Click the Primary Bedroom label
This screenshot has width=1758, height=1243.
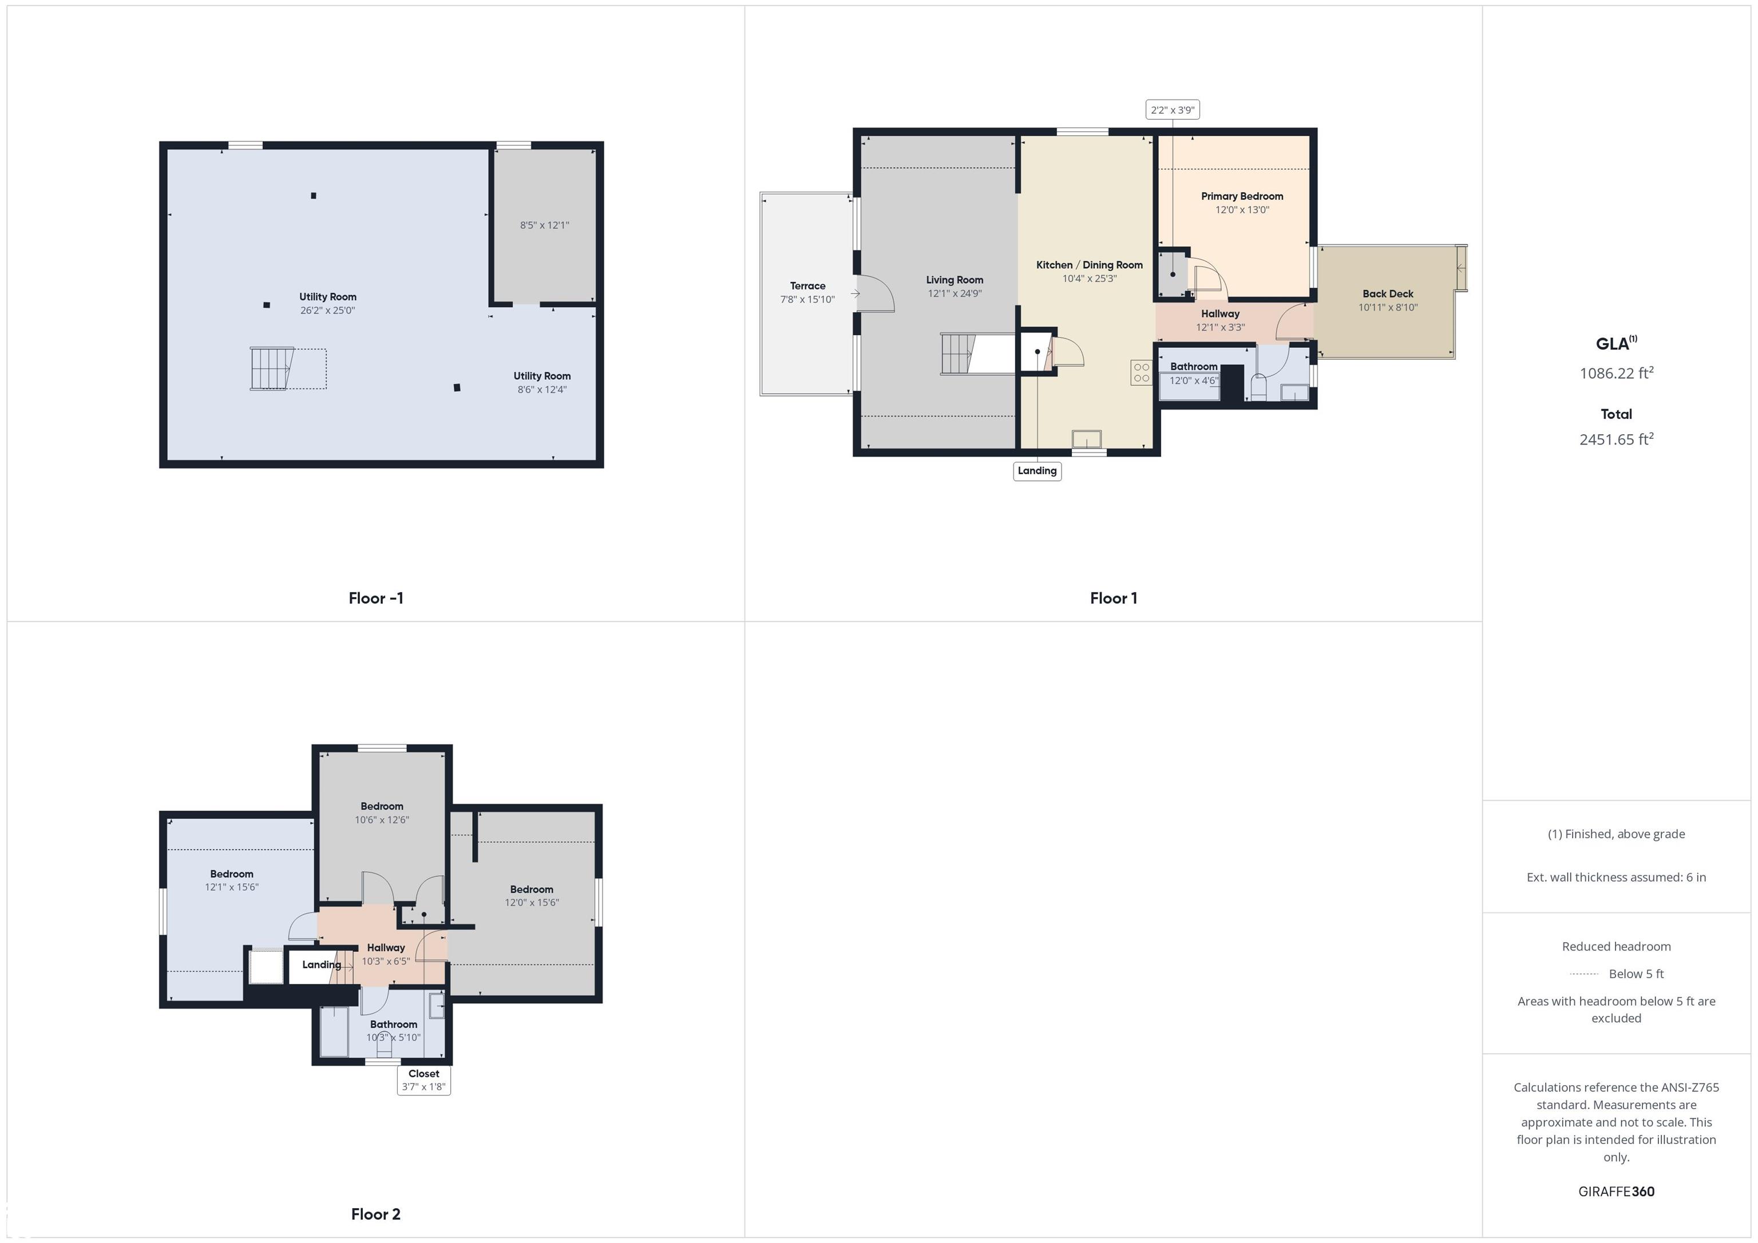[1242, 196]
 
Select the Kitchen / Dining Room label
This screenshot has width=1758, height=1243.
[1089, 265]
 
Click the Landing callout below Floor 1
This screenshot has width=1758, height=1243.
[1037, 471]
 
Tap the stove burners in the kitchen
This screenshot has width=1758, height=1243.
[1141, 373]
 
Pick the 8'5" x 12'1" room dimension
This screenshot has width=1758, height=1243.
[544, 225]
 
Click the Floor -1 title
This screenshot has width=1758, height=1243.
[375, 598]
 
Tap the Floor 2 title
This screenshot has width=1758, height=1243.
[375, 1214]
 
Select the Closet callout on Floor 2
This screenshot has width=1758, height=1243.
[423, 1080]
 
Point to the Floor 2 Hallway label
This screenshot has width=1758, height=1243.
[385, 948]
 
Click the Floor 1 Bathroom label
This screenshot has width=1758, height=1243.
[1193, 367]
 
